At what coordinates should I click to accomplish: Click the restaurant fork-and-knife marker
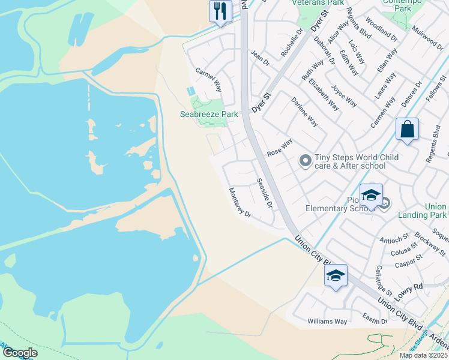220,11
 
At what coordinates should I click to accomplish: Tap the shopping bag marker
407,130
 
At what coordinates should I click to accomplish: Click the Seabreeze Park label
209,114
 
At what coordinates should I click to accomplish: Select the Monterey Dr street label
239,202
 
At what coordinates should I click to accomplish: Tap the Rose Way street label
280,148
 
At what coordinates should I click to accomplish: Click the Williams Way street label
327,322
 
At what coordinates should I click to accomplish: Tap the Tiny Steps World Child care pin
306,160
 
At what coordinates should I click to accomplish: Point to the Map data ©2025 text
423,355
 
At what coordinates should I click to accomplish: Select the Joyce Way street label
344,95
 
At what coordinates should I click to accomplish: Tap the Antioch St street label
393,241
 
